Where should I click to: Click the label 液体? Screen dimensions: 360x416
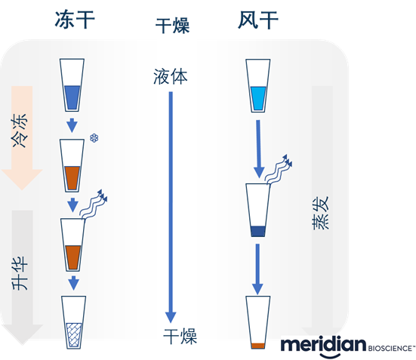(x=170, y=76)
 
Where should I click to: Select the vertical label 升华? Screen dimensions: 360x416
(x=21, y=272)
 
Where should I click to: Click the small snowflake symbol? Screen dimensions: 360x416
(x=94, y=138)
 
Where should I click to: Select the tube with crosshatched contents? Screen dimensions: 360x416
(x=72, y=322)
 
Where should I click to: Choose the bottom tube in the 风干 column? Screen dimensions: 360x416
(x=257, y=324)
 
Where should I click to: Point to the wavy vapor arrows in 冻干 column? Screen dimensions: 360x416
(x=94, y=202)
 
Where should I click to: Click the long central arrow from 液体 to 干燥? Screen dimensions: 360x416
(x=171, y=204)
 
